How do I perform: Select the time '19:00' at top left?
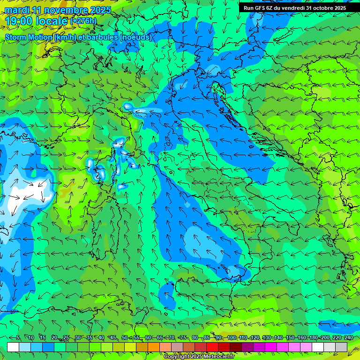(x=21, y=21)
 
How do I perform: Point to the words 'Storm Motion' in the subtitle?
(x=29, y=37)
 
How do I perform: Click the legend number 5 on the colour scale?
(x=17, y=338)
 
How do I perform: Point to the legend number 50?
(x=124, y=338)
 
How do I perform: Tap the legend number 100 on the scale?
(x=232, y=338)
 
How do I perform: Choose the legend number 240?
(x=349, y=338)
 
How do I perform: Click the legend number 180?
(x=313, y=338)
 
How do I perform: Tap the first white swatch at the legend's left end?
(x=13, y=347)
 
